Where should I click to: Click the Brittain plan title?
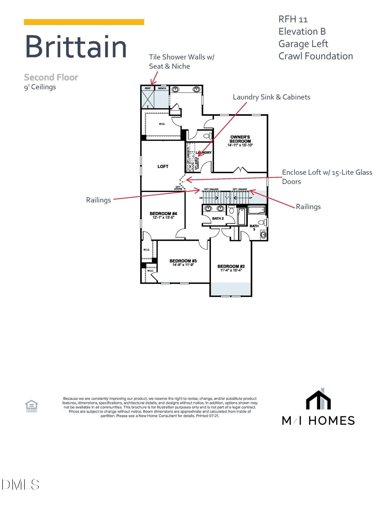tap(76, 47)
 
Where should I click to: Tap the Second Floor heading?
tap(51, 77)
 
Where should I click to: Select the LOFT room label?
tap(163, 166)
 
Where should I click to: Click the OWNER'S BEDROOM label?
tap(240, 139)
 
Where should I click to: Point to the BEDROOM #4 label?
tap(163, 213)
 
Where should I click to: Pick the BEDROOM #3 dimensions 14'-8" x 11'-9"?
tap(183, 265)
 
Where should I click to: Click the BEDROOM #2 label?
tap(231, 266)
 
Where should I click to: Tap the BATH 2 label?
tap(218, 218)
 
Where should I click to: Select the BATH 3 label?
tap(254, 227)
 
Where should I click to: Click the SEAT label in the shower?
tap(148, 88)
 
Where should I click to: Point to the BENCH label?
tap(162, 88)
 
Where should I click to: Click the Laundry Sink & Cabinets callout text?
tap(271, 97)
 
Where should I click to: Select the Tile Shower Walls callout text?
tap(181, 61)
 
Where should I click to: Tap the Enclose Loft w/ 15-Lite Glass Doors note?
tap(327, 177)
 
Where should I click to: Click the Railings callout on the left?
tap(98, 200)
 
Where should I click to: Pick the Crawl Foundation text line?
tap(315, 56)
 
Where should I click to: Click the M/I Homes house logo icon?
tap(318, 399)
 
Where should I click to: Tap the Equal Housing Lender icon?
tap(31, 406)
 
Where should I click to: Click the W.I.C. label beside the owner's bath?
tap(162, 124)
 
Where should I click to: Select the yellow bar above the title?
tap(84, 22)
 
